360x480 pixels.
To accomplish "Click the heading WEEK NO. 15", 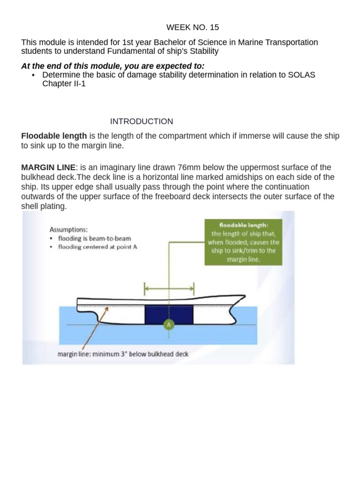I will pos(186,27).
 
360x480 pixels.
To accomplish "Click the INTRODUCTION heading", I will pos(142,121).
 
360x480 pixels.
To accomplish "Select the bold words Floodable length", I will pos(54,136).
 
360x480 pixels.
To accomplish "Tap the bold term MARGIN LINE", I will pos(47,168).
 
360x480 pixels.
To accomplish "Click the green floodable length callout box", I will pos(243,242).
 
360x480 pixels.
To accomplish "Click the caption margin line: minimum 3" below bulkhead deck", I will pos(123,354).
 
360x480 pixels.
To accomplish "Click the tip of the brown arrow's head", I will pos(109,307).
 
